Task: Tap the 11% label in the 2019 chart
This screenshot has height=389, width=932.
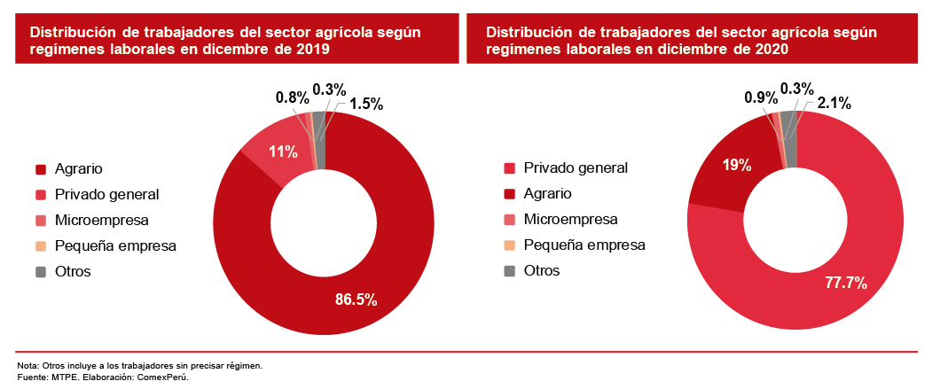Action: click(283, 151)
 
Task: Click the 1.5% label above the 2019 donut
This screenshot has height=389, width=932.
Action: click(366, 104)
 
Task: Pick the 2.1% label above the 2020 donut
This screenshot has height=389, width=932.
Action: click(834, 104)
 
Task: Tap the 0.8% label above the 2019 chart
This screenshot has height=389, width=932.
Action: click(292, 97)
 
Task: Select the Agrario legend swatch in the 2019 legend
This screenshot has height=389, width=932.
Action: click(41, 168)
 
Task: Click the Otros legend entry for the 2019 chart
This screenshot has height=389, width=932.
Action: click(73, 271)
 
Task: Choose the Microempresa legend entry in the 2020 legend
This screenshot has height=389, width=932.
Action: click(570, 219)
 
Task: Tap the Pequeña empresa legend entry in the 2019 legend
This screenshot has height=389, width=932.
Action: click(115, 245)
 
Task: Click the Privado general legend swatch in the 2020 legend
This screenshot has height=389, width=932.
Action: click(509, 168)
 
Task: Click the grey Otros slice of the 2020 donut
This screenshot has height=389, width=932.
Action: click(788, 127)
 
